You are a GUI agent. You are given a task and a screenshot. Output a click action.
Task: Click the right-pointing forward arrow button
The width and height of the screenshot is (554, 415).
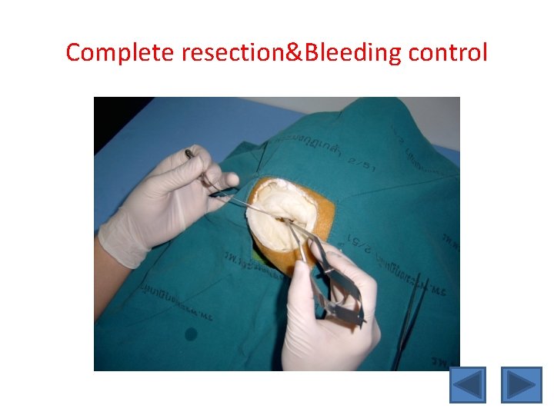(x=521, y=384)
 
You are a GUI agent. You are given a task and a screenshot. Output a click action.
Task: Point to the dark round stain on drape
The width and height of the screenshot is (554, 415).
(x=190, y=334)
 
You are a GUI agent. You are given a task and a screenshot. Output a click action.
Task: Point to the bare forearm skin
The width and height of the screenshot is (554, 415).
(x=100, y=284)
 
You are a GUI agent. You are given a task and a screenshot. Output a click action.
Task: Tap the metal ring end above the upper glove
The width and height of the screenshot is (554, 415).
(x=189, y=154)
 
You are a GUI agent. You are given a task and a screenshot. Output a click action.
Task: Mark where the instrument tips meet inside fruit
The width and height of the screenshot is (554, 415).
(x=286, y=221)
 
